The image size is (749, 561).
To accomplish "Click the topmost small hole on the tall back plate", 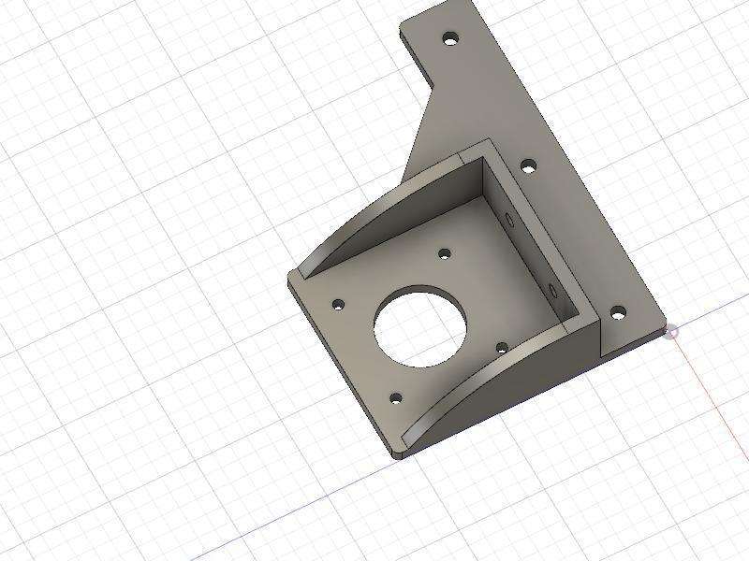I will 450,39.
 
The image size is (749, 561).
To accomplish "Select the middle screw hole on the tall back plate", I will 529,166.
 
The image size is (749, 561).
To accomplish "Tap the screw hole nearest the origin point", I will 617,314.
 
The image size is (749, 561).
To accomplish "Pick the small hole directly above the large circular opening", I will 446,253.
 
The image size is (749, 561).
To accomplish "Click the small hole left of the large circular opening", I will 339,305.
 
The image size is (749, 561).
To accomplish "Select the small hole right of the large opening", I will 502,349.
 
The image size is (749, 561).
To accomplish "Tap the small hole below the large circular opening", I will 395,398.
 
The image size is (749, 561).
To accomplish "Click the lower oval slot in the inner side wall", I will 553,291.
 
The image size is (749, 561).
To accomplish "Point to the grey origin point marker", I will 671,332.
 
